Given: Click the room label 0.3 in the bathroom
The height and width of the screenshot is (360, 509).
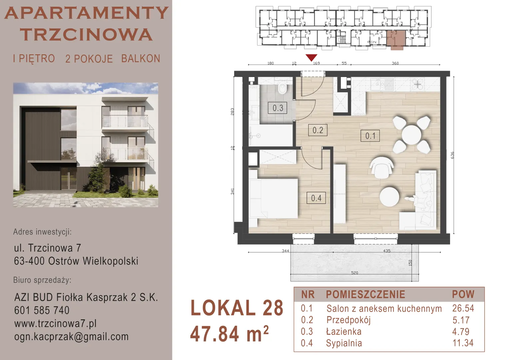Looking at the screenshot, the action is click(x=277, y=108).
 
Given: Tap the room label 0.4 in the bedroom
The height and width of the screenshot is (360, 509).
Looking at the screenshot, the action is click(x=316, y=198).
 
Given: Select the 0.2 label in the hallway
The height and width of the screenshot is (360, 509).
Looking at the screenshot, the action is click(x=318, y=130).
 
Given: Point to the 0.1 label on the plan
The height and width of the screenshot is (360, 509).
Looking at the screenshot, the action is click(x=370, y=136).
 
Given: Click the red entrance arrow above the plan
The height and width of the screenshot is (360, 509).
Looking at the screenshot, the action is click(x=311, y=58).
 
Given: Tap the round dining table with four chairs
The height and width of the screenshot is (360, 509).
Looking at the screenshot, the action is click(x=411, y=135).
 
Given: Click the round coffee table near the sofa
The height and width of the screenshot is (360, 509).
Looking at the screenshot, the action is click(x=389, y=197).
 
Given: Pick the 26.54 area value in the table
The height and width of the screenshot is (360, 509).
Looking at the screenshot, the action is click(x=463, y=308).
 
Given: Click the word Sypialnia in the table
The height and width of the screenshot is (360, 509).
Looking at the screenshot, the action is click(x=344, y=343).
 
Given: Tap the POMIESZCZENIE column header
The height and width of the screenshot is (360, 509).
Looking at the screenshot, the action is click(x=366, y=294).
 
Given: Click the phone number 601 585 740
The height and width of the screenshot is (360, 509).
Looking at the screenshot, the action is click(x=42, y=310).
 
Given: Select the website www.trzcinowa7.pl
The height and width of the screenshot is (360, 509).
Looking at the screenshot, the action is click(x=55, y=323).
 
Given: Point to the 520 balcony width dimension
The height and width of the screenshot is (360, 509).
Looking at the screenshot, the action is click(x=354, y=273).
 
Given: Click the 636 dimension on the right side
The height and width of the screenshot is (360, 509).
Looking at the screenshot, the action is click(x=452, y=155).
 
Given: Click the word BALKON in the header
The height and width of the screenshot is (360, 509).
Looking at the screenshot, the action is click(x=141, y=58).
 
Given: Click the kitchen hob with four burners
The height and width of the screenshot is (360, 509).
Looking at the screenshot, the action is click(x=417, y=85).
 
